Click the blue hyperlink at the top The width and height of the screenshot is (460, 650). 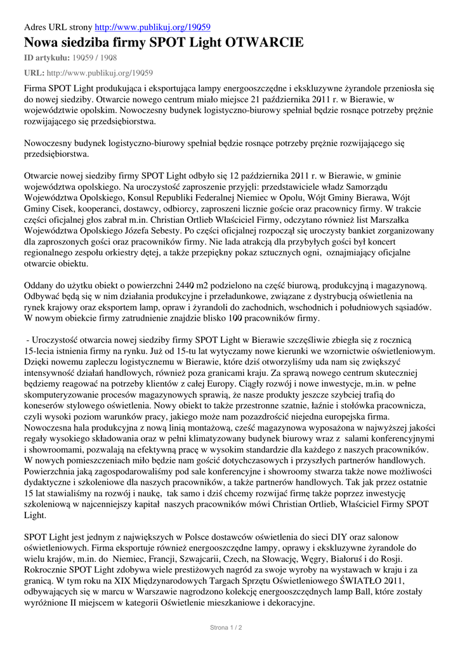coord(152,27)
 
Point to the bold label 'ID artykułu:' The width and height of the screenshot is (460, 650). coord(48,58)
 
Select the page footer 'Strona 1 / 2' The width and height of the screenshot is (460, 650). coord(227,628)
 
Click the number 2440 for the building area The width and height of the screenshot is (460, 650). coord(185,286)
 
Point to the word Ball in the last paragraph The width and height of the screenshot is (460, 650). coord(358,591)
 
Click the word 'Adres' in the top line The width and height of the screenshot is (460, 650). coord(36,27)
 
